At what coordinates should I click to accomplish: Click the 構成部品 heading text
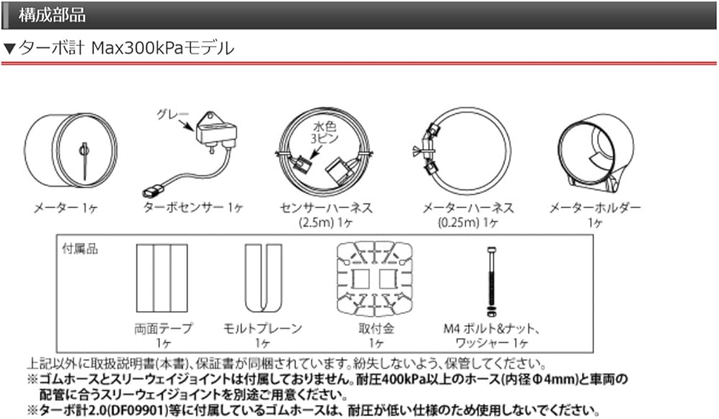click(x=52, y=14)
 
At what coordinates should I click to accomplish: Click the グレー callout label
click(x=172, y=114)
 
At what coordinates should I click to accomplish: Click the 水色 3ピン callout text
click(x=324, y=132)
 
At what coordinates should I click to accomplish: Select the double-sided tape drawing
click(x=162, y=278)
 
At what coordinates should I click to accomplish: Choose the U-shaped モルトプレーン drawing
click(x=262, y=278)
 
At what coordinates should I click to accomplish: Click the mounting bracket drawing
click(x=375, y=279)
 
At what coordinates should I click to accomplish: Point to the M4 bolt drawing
click(x=491, y=282)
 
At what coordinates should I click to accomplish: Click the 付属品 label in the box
click(x=80, y=249)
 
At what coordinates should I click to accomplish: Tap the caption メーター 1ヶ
click(x=65, y=208)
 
